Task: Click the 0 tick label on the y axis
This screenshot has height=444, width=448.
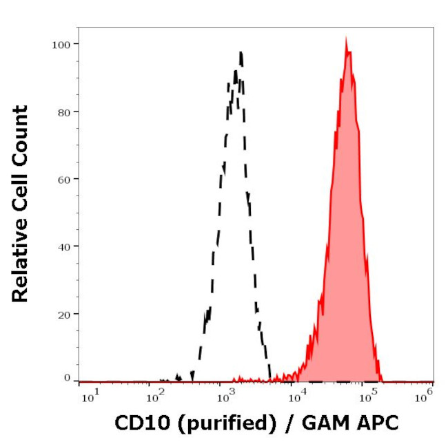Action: (x=67, y=378)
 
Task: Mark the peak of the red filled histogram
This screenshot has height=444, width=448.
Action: (x=346, y=39)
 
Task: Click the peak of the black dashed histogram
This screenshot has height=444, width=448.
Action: (x=241, y=52)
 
